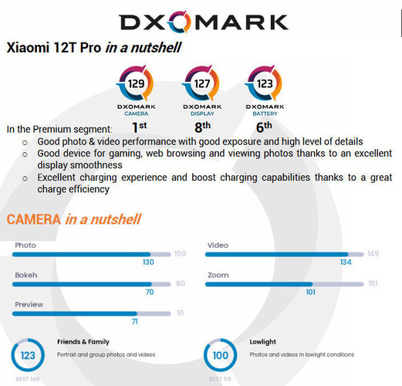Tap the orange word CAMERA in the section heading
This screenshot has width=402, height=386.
click(x=33, y=219)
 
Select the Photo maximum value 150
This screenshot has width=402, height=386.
click(x=180, y=254)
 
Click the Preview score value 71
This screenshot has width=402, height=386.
click(x=133, y=321)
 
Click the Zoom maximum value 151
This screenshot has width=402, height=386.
click(x=373, y=283)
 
